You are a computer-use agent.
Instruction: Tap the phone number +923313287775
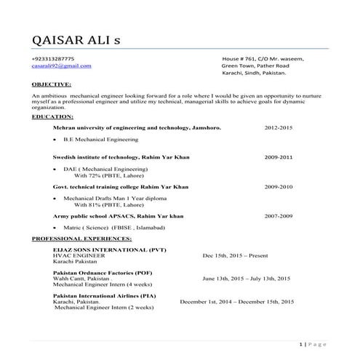pyautogui.click(x=53, y=58)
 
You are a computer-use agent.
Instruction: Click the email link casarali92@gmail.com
pyautogui.click(x=62, y=65)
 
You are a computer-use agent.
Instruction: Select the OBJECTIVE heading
pyautogui.click(x=52, y=84)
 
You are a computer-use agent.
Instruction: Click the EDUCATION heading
pyautogui.click(x=53, y=116)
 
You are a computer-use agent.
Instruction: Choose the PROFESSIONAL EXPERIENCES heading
pyautogui.click(x=82, y=238)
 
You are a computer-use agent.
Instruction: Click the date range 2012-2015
pyautogui.click(x=279, y=127)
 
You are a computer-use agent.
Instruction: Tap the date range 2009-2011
pyautogui.click(x=279, y=157)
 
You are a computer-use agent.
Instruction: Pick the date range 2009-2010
pyautogui.click(x=279, y=187)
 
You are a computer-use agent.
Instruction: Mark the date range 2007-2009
pyautogui.click(x=279, y=217)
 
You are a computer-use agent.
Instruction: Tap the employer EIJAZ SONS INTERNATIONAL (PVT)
pyautogui.click(x=109, y=250)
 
